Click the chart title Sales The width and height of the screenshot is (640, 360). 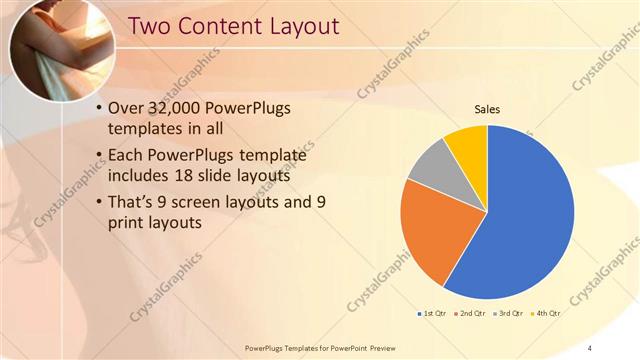[x=487, y=109]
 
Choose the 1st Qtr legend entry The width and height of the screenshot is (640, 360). [x=431, y=315]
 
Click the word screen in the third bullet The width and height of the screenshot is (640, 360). [x=205, y=202]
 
